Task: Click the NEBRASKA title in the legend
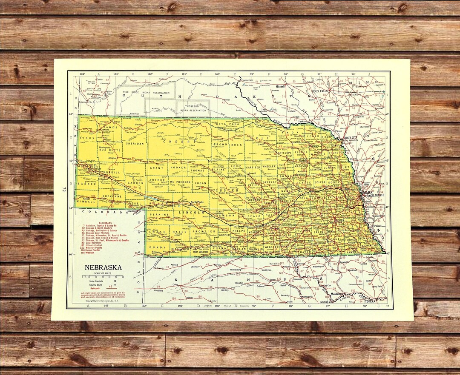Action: tap(103, 267)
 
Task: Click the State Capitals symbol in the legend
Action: tap(115, 281)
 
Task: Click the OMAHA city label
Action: tap(368, 193)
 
